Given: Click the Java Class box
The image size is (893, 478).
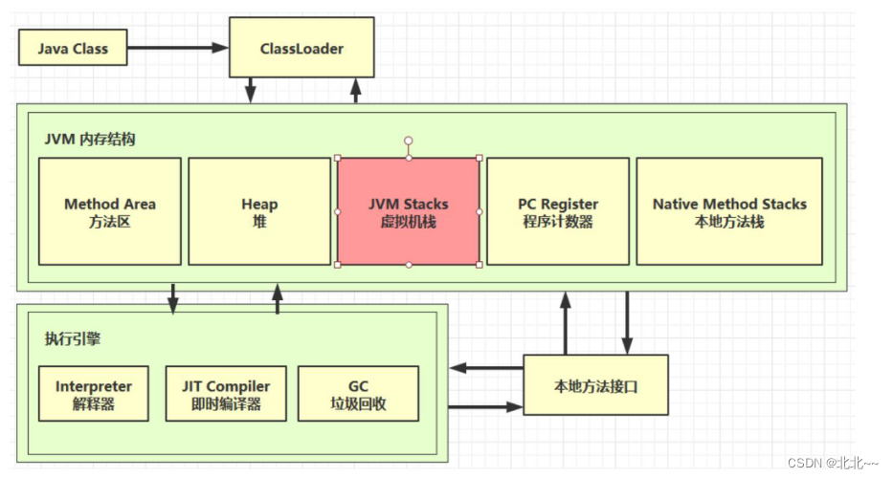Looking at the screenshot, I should pos(73,48).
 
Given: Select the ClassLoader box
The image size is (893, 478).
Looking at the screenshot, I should pos(301,48).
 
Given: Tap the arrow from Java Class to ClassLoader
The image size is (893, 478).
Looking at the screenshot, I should pos(177,48).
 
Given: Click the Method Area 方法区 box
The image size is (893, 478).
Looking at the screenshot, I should pos(110,211).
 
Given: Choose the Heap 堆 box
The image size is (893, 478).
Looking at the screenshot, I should pos(259,211).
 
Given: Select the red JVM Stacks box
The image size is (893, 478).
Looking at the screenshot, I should pos(409,211).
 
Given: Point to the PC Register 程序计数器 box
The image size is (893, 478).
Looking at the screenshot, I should pos(558,211).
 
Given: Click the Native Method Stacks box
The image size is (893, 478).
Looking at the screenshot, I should pos(729,211).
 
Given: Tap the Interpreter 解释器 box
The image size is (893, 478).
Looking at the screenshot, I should pos(94,394).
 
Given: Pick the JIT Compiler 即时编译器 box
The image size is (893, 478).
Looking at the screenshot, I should pos(226,394).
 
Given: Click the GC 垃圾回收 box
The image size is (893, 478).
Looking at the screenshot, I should pos(358,394).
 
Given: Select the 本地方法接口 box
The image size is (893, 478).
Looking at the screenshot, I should pos(595,385).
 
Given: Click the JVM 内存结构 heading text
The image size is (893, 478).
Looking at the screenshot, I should pos(90,139).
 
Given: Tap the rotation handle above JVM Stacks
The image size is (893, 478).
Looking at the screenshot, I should pos(409,140).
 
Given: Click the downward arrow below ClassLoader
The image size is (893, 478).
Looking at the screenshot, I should pos(251,90).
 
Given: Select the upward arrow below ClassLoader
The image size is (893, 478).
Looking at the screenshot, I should pos(356,90).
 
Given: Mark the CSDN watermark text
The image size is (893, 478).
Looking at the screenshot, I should pos(833,463).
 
